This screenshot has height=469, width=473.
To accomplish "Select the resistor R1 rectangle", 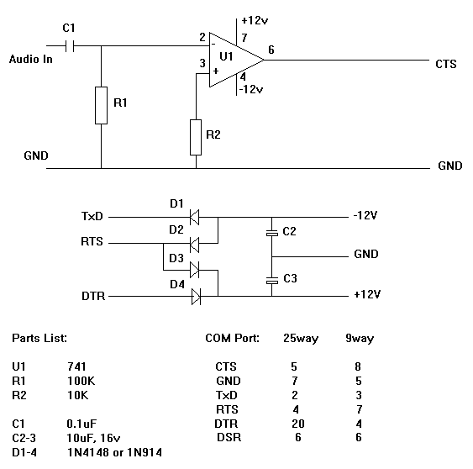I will coord(101,104).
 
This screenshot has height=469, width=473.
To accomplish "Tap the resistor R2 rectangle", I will coord(196,138).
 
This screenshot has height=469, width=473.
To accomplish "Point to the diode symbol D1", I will coord(196,217).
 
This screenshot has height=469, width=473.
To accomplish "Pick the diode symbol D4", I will coord(196,296).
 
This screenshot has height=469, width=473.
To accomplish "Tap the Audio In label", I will coord(31,60).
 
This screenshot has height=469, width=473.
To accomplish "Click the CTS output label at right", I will coord(446,64).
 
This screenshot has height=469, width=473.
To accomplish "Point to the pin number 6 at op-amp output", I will coord(271,50).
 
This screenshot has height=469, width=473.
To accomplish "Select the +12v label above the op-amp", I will coord(254,19).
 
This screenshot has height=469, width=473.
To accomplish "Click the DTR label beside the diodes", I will coord(92,296).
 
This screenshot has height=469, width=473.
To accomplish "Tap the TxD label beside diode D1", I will coord(92,217).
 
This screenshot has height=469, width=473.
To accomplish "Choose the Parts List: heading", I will coord(39,338).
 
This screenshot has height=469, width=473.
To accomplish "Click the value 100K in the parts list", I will coord(81,381).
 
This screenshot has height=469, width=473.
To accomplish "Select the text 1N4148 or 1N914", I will coord(114,452).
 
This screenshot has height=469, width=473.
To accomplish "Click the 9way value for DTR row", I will coord(359,423).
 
